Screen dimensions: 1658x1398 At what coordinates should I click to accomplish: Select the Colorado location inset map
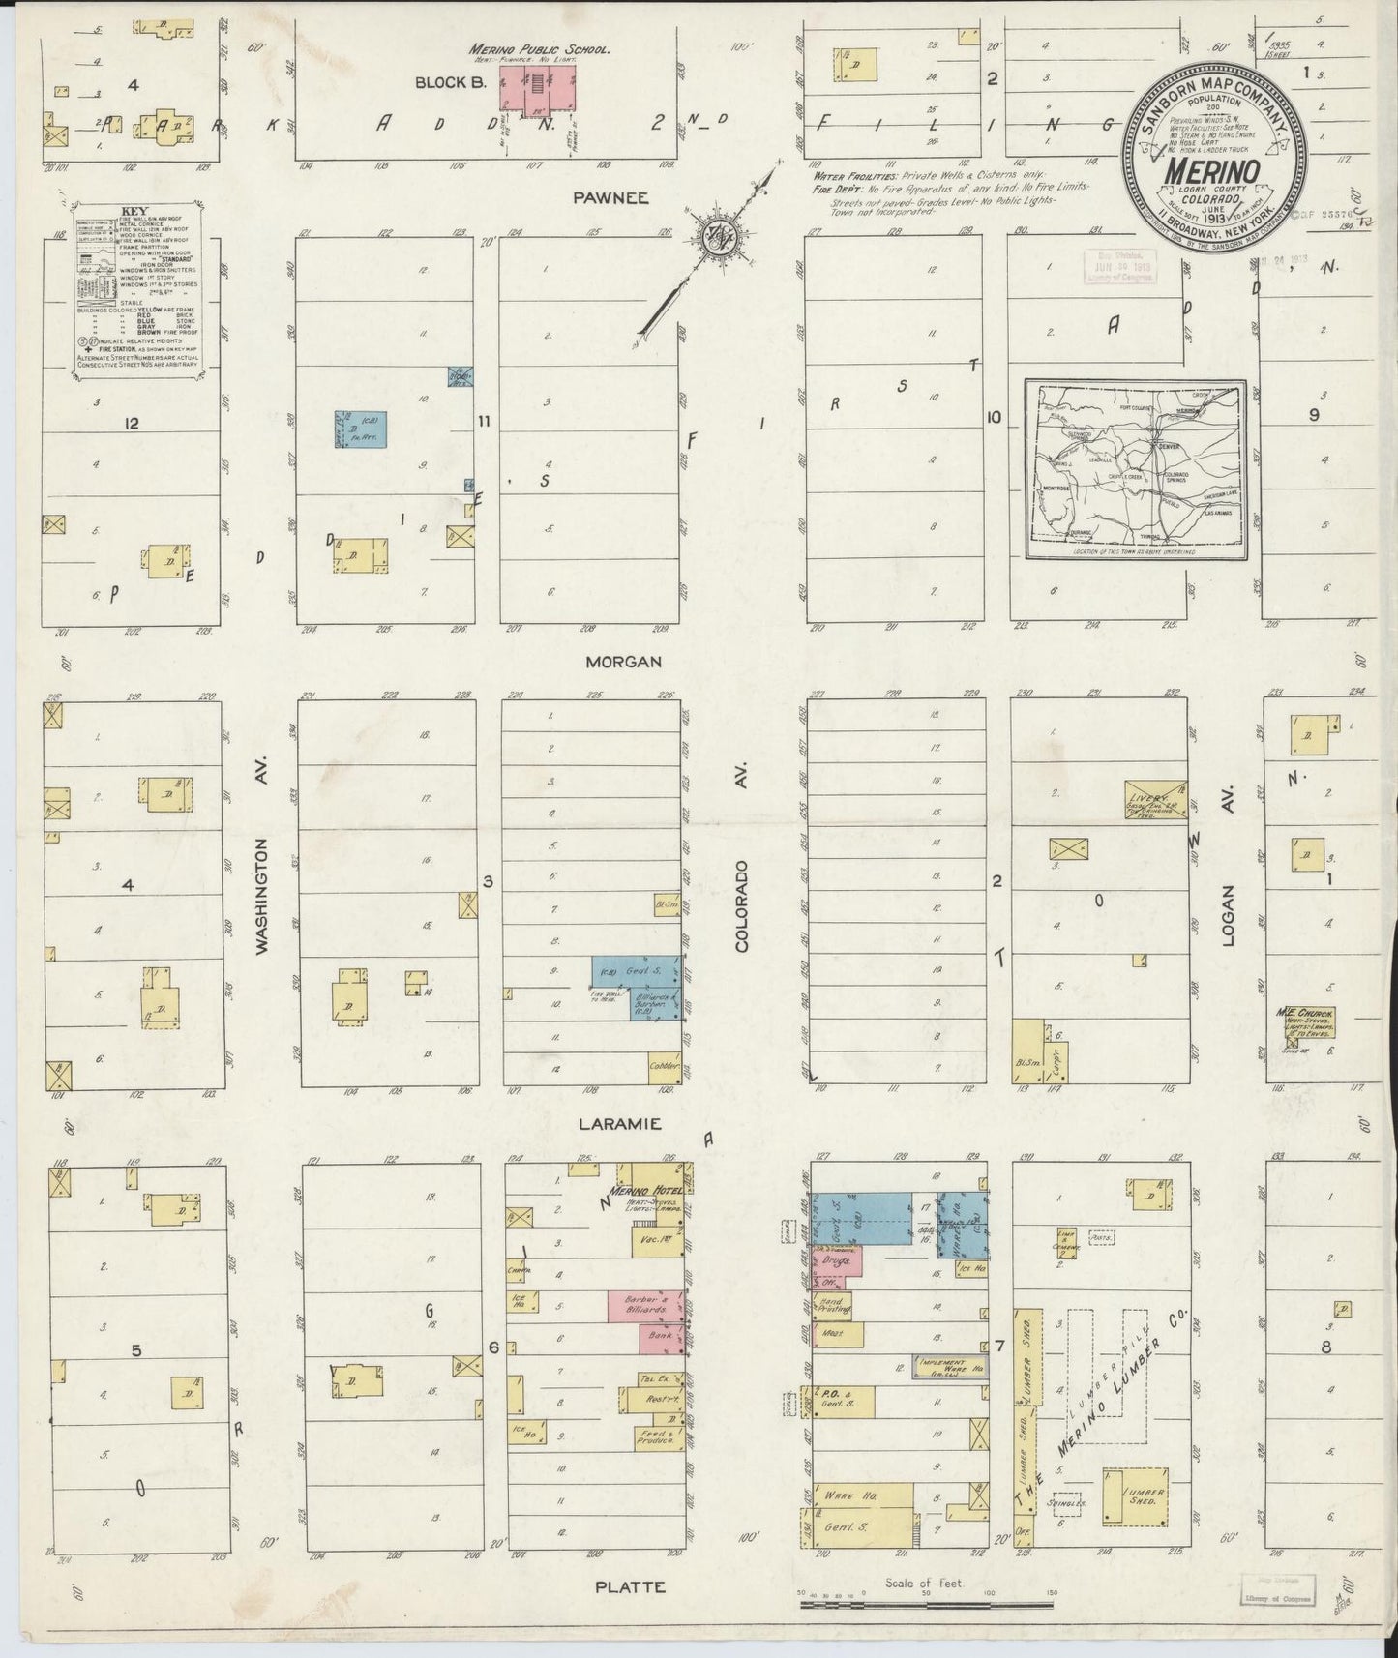(x=1136, y=471)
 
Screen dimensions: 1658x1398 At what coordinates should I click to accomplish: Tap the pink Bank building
(x=661, y=1339)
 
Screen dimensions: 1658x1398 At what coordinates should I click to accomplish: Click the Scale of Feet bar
(x=926, y=1606)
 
